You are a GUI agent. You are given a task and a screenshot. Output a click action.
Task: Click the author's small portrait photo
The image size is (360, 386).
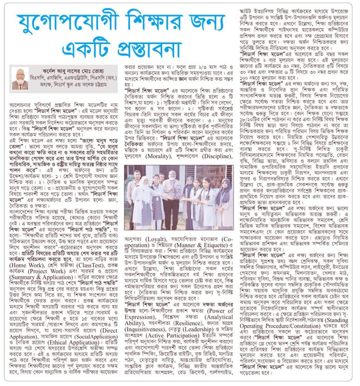pos(20,78)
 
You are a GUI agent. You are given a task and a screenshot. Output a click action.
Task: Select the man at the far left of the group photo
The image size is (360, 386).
pos(132,200)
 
